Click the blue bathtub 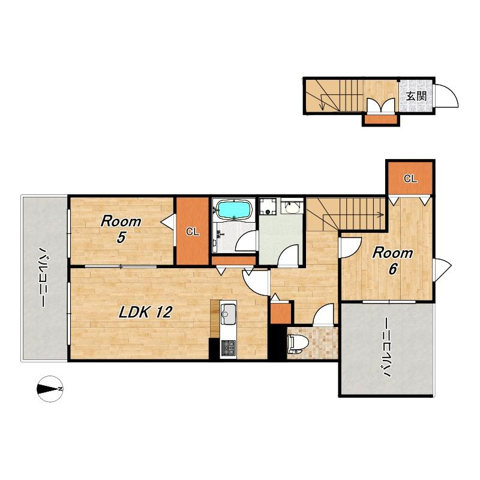point(234,209)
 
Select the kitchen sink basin point(228,314)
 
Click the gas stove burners point(228,348)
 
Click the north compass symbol point(50,389)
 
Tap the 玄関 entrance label point(416,96)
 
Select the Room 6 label point(393,261)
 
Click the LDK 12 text point(146,312)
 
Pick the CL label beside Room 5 point(193,232)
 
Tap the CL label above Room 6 point(410,178)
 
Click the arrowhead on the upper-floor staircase point(382,215)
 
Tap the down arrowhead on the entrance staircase point(322,107)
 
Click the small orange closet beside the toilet point(281,313)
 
